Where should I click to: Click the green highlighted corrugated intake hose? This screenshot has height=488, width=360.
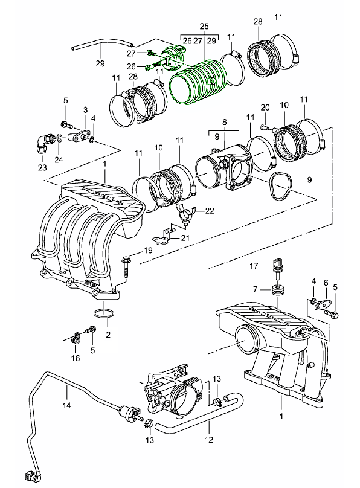click(x=198, y=82)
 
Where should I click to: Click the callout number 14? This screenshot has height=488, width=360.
click(x=66, y=405)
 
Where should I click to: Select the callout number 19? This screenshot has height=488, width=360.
click(x=147, y=250)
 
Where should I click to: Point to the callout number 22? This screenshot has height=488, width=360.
click(x=210, y=211)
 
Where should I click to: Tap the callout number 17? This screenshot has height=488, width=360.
click(x=254, y=266)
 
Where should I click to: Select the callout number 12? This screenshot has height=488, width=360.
click(x=209, y=440)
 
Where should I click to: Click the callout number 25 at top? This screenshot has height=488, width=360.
click(x=204, y=26)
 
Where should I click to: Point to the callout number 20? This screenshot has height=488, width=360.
click(x=265, y=108)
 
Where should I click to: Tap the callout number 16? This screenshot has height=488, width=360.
click(x=76, y=358)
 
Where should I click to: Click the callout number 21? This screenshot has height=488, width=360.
click(x=185, y=238)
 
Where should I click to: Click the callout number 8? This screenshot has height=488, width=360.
click(x=225, y=122)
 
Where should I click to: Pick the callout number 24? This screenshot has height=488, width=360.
click(x=59, y=159)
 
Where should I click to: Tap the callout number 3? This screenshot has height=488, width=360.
click(x=85, y=110)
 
